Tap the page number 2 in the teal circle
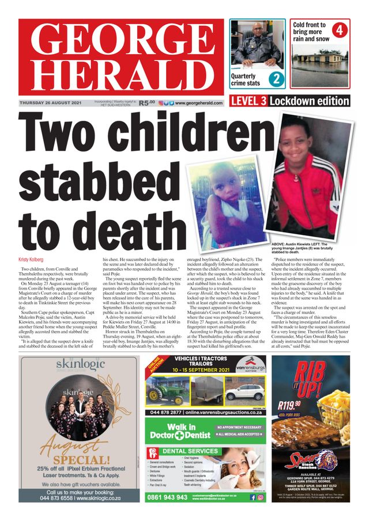(x=276, y=79)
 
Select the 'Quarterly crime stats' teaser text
(x=246, y=79)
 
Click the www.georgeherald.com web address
(x=199, y=103)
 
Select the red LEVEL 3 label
(x=248, y=101)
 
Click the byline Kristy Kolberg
(x=32, y=260)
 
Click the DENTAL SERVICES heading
(x=190, y=451)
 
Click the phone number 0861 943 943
(x=167, y=497)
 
